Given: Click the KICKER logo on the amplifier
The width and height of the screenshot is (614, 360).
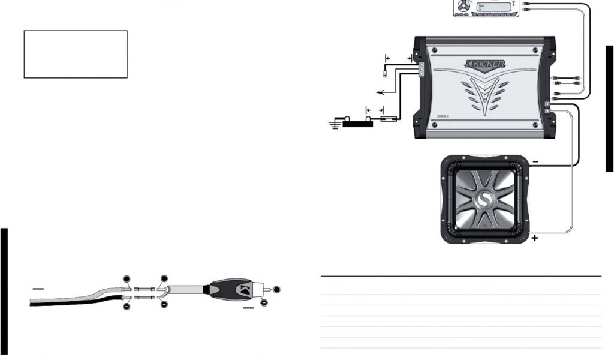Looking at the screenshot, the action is (x=486, y=64).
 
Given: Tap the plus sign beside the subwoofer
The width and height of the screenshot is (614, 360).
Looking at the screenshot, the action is (x=535, y=238).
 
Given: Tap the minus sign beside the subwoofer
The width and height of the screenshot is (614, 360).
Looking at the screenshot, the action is (x=535, y=161).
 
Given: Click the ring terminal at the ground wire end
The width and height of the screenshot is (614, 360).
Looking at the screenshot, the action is (x=384, y=75).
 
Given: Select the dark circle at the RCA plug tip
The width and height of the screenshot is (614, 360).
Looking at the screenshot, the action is (x=276, y=290).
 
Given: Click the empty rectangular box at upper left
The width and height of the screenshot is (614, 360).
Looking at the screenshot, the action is (x=76, y=54).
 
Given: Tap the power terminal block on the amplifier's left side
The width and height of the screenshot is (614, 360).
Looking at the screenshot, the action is (x=422, y=70).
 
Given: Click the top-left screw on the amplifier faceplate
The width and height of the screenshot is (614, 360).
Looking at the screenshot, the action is (x=435, y=50).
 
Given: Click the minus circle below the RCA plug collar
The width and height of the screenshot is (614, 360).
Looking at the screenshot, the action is (x=264, y=302).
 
